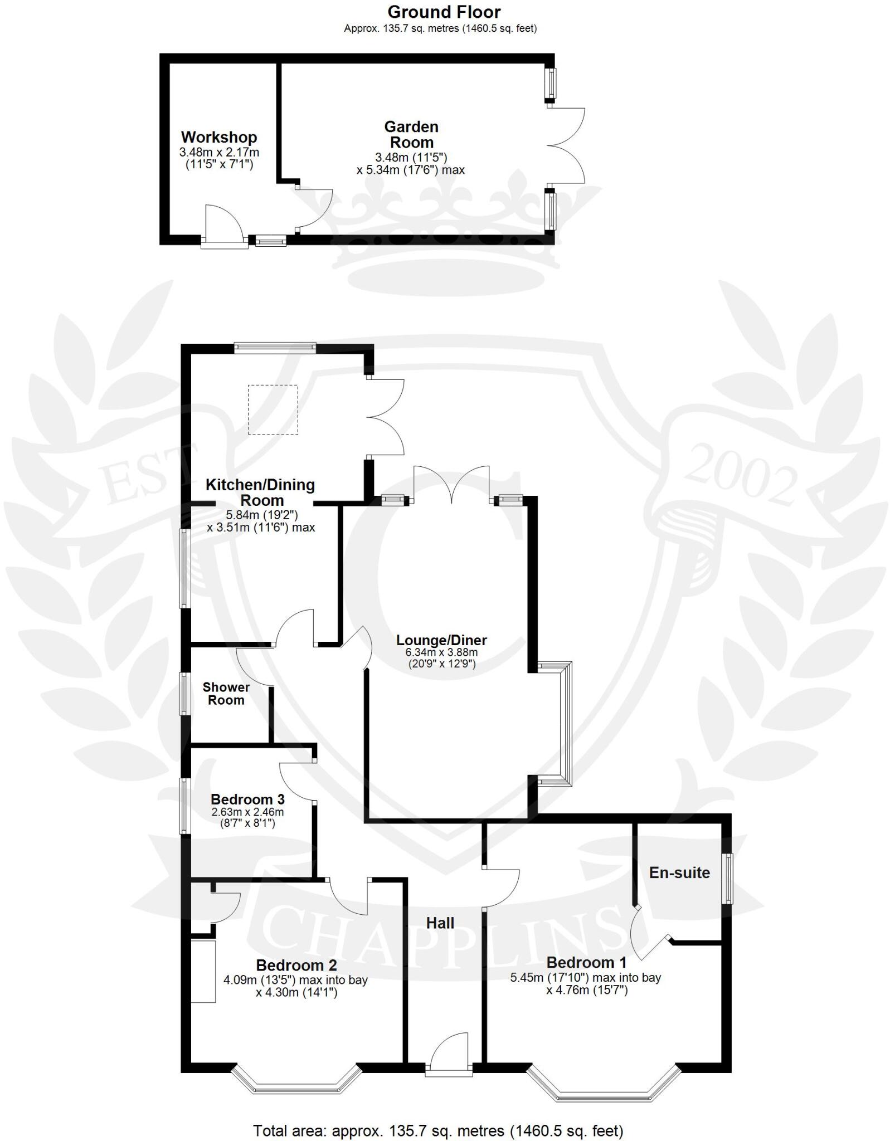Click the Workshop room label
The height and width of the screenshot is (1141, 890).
coord(219,137)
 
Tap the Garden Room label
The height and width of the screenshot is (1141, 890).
coord(411,134)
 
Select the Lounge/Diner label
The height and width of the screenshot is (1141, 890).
coord(441,640)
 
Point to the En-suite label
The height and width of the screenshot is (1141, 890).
coord(679,872)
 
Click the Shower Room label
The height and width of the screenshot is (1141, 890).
coord(226,694)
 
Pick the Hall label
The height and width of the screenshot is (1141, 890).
coord(440,923)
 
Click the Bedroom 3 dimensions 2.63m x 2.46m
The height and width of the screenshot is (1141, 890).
coord(247,812)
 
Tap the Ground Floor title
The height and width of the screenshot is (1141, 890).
coord(444,12)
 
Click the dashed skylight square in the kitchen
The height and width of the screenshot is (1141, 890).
coord(273,409)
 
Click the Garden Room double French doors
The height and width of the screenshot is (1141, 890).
coord(566,145)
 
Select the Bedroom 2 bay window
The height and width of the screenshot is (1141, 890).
coord(296,1081)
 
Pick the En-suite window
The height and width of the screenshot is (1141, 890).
coord(727,879)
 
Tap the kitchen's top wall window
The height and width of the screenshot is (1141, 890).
coord(275,348)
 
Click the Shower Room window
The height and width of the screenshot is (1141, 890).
coord(183,693)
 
